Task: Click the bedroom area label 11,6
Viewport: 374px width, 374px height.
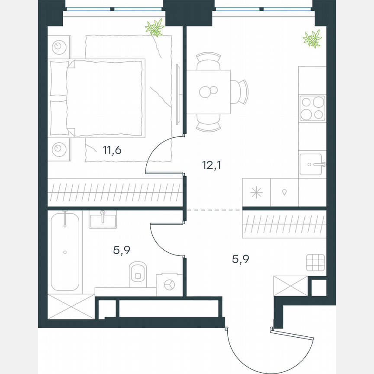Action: pos(112,151)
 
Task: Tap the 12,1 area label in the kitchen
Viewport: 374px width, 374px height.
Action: pos(211,165)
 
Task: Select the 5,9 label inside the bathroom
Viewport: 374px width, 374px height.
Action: pos(122,250)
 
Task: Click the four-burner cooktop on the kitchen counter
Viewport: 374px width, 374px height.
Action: pos(312,108)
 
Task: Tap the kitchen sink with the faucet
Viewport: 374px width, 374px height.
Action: pos(311,164)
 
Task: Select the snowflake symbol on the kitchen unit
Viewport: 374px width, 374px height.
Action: pos(256,193)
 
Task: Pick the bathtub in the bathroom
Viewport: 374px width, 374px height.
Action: pos(65,251)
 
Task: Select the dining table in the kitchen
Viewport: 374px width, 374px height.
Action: pos(209,91)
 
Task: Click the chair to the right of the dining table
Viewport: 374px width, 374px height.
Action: pos(241,91)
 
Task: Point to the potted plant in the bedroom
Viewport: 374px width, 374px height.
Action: pos(155,28)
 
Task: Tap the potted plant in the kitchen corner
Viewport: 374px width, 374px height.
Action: pos(312,39)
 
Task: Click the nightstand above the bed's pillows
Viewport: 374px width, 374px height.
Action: pos(58,45)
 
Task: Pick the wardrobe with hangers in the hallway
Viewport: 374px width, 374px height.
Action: pos(284,224)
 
